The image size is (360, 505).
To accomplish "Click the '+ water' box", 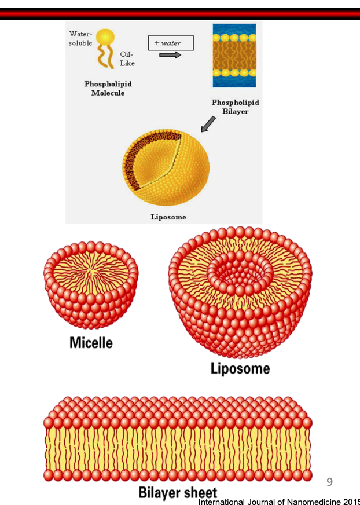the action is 171,43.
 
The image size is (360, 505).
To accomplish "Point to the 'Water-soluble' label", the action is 80,39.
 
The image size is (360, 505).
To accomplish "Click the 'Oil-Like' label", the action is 127,58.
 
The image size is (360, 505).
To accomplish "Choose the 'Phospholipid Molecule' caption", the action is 108,89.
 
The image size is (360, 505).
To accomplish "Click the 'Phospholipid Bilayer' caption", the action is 235,107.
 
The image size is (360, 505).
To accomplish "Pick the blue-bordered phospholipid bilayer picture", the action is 234,56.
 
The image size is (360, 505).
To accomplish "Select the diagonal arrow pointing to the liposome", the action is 207,124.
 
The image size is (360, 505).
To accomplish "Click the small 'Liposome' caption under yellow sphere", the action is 168,217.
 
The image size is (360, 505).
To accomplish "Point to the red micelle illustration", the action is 91,284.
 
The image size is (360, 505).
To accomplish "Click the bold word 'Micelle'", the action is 91,342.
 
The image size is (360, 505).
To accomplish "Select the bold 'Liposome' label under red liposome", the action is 240,368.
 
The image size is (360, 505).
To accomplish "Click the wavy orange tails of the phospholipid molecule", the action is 105,57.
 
